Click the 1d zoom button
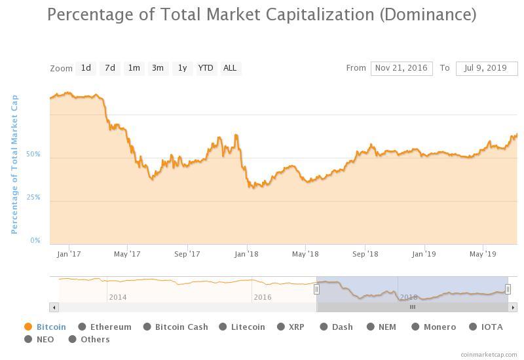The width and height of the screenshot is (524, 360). coord(86,68)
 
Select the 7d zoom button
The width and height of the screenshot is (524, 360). coord(110,68)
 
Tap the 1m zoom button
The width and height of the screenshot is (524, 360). coord(134,68)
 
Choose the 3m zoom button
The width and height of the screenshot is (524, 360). coord(157,68)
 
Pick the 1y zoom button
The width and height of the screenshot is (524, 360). coord(182,68)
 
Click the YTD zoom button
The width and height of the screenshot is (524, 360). coord(206,68)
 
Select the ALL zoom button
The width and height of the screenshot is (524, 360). coord(230,68)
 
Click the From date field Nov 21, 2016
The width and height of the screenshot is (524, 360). coord(402,68)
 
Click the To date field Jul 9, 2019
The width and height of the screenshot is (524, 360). coord(487,68)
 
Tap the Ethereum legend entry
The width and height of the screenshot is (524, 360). coord(110,327)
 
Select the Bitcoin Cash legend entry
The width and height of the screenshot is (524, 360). coord(181,327)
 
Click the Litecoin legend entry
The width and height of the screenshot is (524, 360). coord(248,327)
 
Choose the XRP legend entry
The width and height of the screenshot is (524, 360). coord(296,327)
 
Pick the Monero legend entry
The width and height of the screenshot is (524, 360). coord(439,327)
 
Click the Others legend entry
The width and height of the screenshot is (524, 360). coord(95,339)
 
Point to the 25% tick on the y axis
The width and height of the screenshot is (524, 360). coord(33,198)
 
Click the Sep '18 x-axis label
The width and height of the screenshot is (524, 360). coord(365,254)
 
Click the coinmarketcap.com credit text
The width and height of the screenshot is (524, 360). coord(489,354)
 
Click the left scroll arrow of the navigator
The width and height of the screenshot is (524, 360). coord(54,307)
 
